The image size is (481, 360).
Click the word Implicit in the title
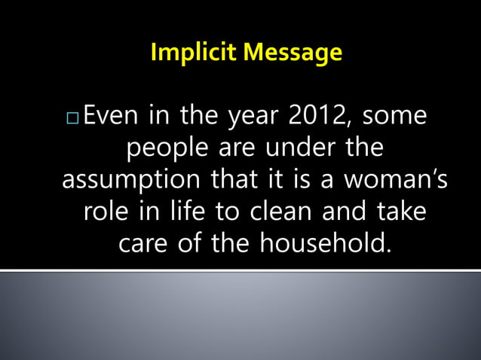(x=185, y=53)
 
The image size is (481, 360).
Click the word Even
(x=108, y=117)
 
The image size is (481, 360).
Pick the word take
(x=400, y=212)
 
